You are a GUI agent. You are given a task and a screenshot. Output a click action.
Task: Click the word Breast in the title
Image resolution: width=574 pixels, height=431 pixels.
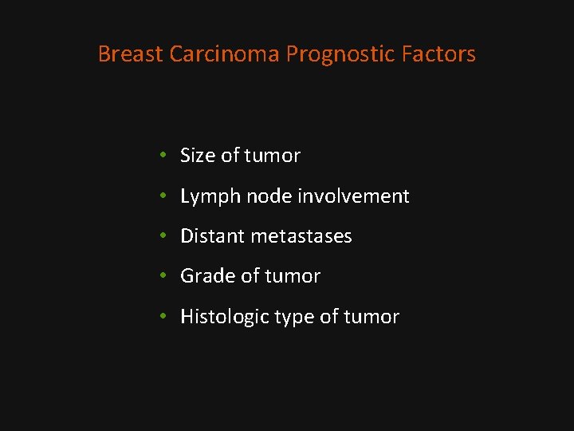point(131,54)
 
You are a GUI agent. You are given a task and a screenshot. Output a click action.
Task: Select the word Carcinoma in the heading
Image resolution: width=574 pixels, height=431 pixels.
point(225,54)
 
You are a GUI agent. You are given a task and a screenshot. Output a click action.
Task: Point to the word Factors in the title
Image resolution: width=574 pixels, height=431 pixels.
point(439,54)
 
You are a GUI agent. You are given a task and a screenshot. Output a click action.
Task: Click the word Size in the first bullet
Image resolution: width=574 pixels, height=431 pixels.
point(198,156)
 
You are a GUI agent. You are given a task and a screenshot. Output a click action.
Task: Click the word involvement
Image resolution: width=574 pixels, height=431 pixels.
point(354,196)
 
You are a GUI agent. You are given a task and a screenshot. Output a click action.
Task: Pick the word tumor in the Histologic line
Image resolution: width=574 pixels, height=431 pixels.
point(372,317)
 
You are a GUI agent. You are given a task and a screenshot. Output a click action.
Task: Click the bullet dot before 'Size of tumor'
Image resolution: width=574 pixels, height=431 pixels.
point(162,156)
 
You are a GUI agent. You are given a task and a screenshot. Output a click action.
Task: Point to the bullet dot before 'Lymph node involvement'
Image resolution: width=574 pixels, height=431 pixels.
point(162,196)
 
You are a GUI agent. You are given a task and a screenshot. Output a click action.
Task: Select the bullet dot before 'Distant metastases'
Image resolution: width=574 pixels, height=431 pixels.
point(162,236)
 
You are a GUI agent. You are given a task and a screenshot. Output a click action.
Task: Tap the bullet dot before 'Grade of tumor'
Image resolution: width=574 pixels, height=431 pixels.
point(162,276)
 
